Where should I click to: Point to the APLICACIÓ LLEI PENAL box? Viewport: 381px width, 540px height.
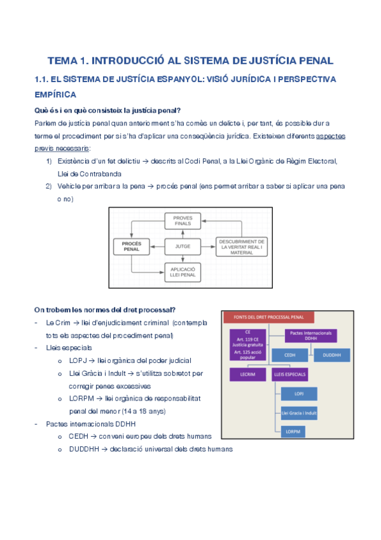[182, 272]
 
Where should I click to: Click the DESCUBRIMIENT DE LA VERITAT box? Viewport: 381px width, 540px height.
[242, 246]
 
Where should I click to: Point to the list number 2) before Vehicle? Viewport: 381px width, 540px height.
[48, 186]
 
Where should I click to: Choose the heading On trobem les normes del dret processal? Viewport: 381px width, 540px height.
[105, 310]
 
